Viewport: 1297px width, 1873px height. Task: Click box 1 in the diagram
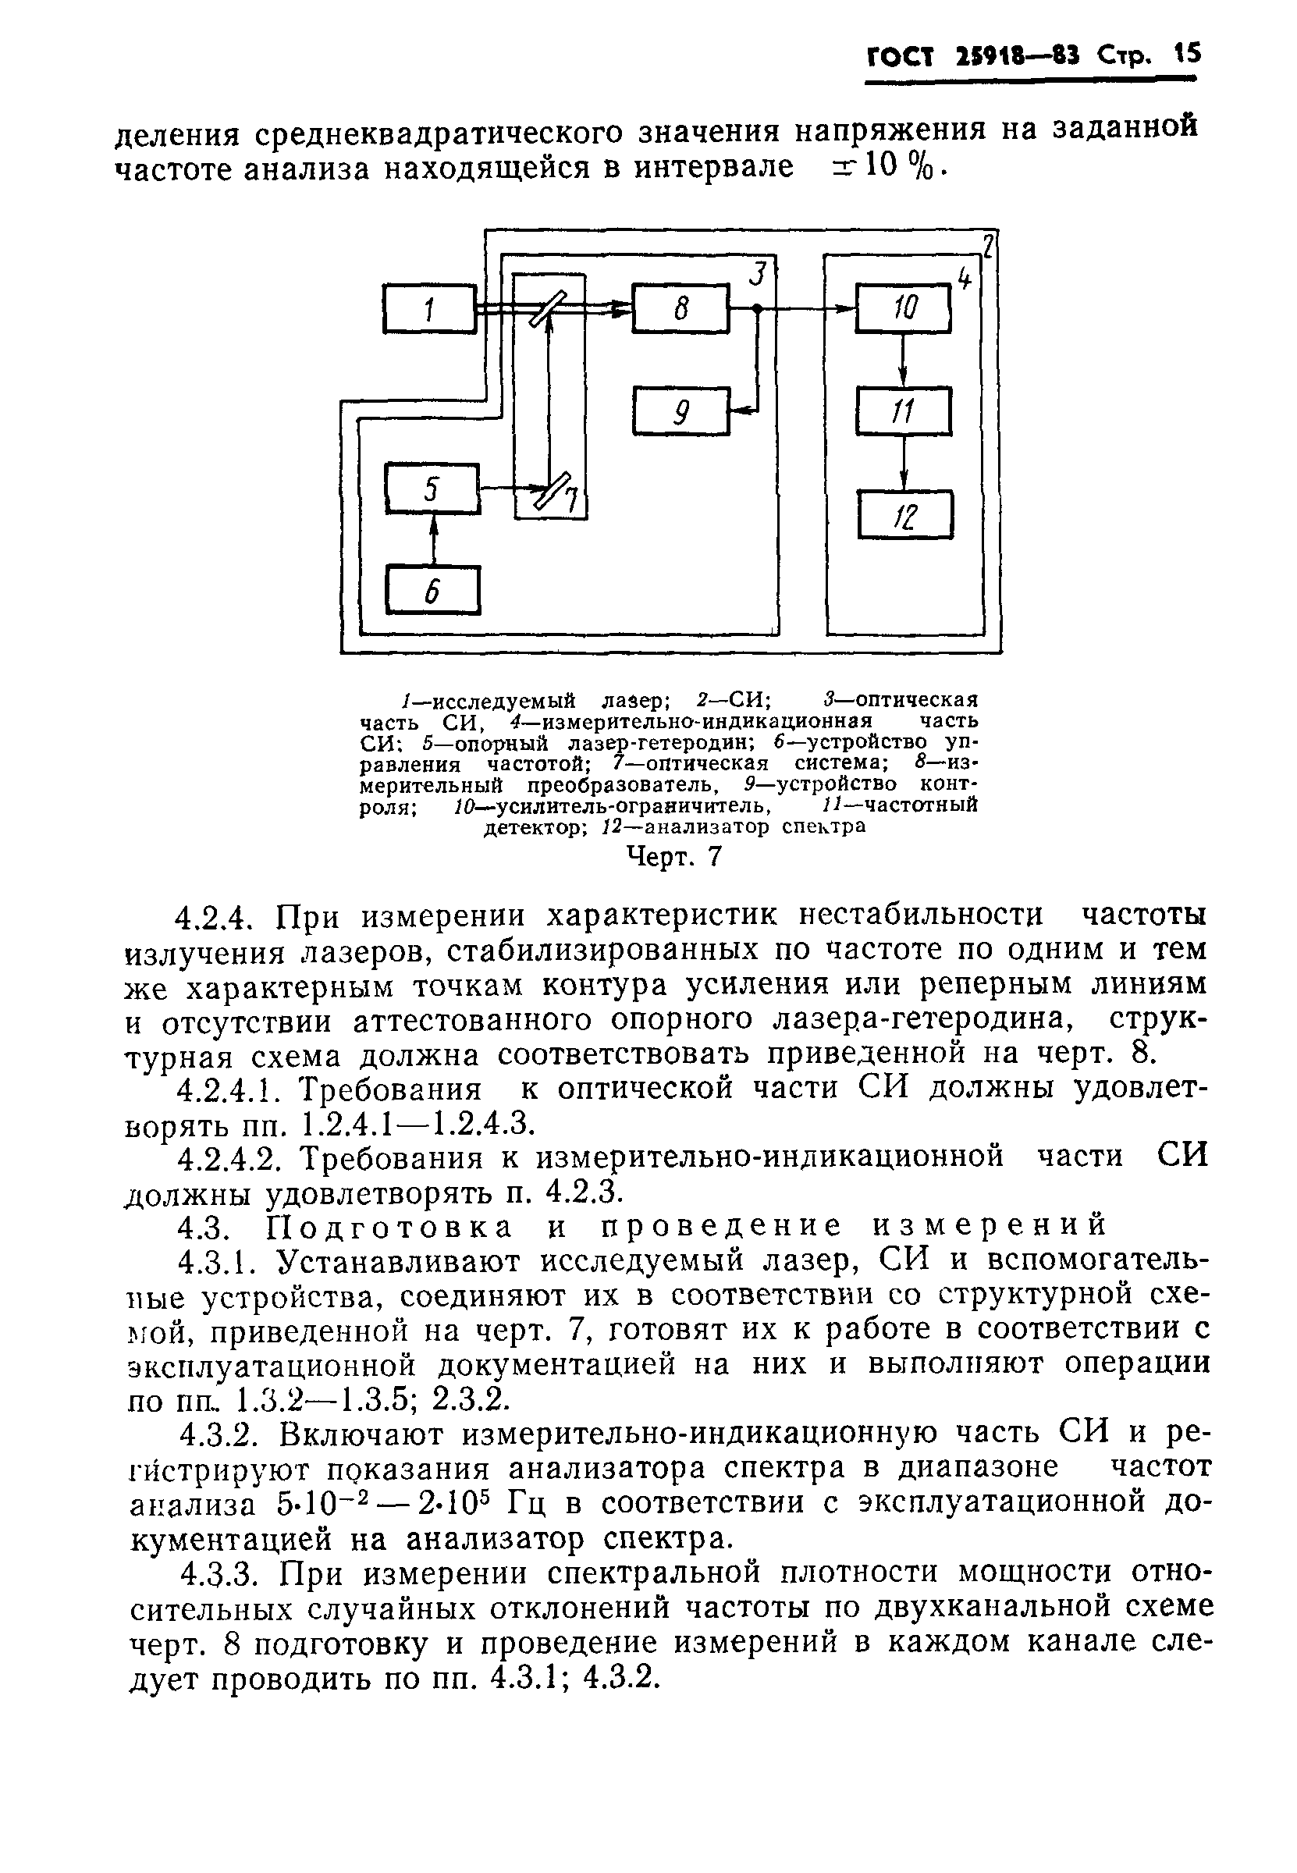coord(429,308)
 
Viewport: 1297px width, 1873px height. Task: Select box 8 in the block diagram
coord(680,308)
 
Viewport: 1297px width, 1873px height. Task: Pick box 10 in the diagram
coord(903,308)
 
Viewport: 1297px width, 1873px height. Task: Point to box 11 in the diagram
coord(903,411)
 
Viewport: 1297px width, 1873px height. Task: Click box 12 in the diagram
coord(904,514)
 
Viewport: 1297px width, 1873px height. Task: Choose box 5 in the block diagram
coord(432,489)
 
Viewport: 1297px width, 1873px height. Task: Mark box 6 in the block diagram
coord(432,591)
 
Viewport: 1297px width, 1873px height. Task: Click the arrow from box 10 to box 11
coord(903,360)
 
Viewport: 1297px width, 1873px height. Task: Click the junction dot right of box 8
coord(757,309)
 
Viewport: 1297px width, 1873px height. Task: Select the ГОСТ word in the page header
coord(900,57)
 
